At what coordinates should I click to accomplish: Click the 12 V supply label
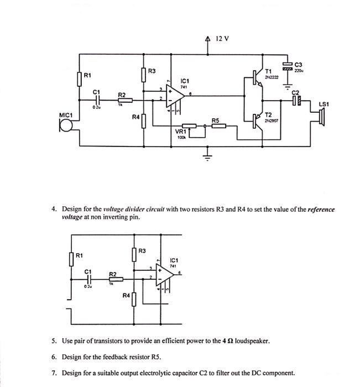pyautogui.click(x=222, y=39)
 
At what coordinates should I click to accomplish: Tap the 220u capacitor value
pyautogui.click(x=299, y=71)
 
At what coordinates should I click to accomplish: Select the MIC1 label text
pyautogui.click(x=66, y=115)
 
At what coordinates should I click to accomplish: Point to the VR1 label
pyautogui.click(x=180, y=132)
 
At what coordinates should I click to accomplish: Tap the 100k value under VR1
pyautogui.click(x=180, y=138)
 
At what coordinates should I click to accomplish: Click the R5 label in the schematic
pyautogui.click(x=216, y=120)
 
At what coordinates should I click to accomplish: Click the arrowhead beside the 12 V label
pyautogui.click(x=208, y=39)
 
